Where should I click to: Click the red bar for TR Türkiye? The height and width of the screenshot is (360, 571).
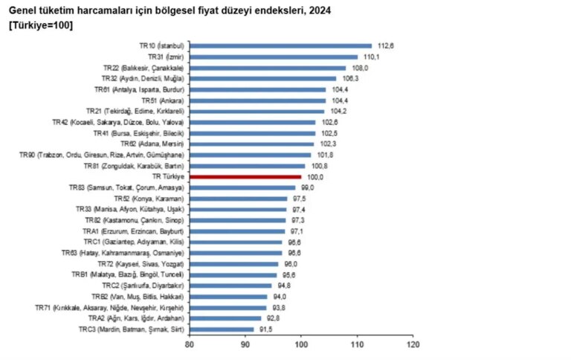pos(245,176)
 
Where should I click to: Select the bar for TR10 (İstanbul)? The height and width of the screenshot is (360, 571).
pos(280,45)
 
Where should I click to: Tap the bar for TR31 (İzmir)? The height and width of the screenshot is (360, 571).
pos(274,57)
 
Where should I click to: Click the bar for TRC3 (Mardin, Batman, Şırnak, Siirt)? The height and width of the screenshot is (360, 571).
pos(222,329)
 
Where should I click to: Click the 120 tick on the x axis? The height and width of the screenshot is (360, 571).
pos(413,345)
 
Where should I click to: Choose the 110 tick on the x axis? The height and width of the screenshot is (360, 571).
pos(358,345)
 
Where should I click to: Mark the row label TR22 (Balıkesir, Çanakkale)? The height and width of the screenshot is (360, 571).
pos(143,68)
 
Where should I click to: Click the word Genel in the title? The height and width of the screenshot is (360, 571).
pos(23,10)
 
